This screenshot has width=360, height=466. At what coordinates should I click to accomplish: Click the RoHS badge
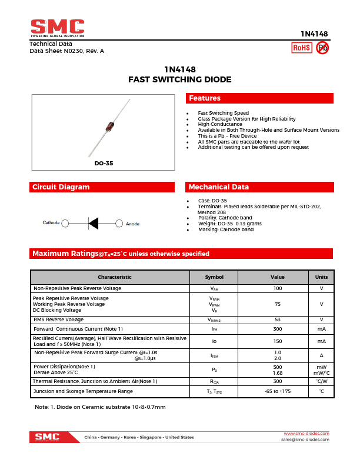302,48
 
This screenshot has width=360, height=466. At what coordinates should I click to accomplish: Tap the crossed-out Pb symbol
322,48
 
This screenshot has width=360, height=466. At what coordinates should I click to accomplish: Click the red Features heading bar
259,98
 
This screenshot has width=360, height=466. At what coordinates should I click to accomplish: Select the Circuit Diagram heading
103,187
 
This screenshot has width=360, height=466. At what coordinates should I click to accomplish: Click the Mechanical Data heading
259,187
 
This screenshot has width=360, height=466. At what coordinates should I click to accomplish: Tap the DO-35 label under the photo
104,163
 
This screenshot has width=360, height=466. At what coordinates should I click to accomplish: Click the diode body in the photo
109,125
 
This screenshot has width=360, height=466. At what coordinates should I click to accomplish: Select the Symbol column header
214,277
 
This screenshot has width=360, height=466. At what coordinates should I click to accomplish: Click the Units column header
321,277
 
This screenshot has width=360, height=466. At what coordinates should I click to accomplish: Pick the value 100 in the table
278,288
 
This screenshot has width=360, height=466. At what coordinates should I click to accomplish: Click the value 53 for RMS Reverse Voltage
278,319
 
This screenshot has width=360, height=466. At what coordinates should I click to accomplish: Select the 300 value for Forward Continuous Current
278,329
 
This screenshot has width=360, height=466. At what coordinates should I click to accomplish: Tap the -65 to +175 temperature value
278,391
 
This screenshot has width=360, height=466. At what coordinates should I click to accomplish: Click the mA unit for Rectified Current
321,341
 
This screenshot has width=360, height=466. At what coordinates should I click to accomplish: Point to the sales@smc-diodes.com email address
305,440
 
